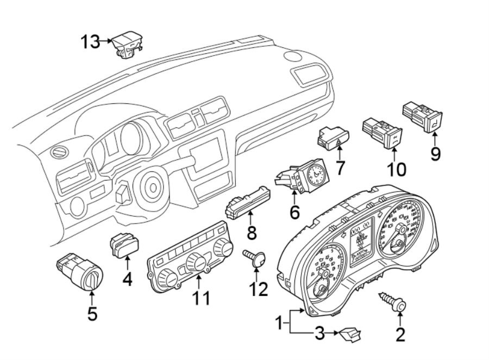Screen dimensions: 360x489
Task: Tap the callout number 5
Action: [x=92, y=314]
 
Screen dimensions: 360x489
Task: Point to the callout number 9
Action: [x=435, y=154]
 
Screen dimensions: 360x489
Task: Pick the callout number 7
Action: [x=340, y=168]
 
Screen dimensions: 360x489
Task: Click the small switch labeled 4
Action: [x=126, y=243]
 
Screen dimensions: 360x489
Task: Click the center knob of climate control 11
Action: [x=195, y=263]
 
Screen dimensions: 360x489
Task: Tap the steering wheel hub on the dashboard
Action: [x=153, y=188]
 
